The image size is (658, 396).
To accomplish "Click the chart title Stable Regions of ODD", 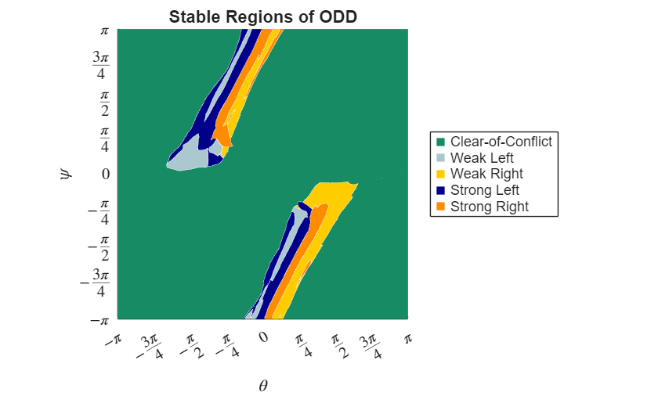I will point(263,16).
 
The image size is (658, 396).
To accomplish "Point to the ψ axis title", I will point(66,173).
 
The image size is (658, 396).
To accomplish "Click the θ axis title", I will point(263,385).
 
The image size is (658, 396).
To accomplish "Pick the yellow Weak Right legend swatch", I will point(440,175).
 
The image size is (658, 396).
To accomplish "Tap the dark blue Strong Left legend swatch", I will point(440,191).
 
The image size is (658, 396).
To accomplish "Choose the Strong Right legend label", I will point(489,207).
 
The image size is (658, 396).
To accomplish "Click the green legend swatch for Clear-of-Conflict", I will point(440,142).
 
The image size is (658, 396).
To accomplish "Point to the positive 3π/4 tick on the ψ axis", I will point(99,66).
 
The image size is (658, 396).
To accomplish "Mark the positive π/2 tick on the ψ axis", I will point(104,102).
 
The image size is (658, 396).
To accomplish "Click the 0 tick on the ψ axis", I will point(105,174).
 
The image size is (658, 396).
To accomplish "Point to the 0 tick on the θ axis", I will point(264,337).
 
